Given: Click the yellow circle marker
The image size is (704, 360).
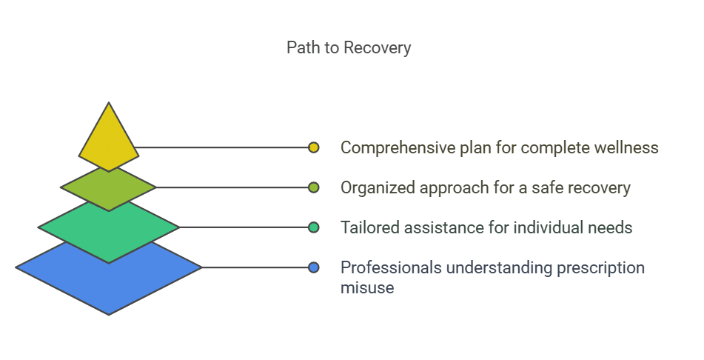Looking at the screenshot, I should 314,147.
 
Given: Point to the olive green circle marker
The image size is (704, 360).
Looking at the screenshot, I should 314,187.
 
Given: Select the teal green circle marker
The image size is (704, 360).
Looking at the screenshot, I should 314,227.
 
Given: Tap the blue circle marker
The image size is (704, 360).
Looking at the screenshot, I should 314,267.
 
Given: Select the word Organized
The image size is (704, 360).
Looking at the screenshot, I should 377,187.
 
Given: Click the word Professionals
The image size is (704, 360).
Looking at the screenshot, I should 386,267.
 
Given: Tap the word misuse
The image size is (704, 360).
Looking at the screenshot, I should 366,287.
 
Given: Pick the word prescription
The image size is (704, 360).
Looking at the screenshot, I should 597,267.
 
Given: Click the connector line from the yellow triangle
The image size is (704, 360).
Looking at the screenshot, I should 222,147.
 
